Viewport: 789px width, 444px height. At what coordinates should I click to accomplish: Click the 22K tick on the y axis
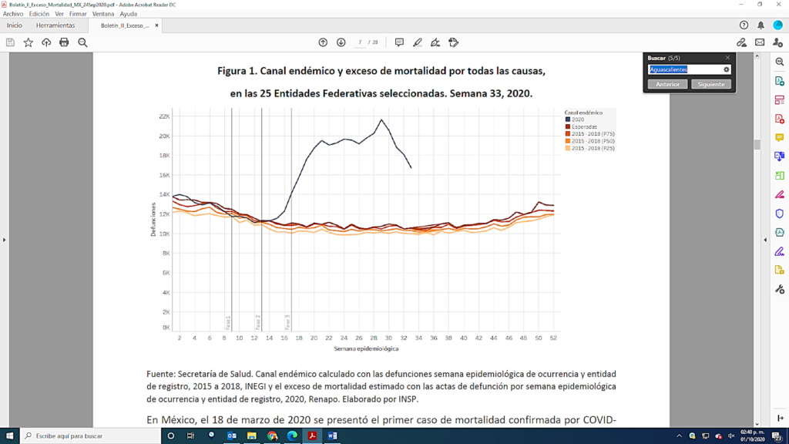pyautogui.click(x=163, y=116)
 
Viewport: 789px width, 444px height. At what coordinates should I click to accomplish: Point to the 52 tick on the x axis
pyautogui.click(x=552, y=338)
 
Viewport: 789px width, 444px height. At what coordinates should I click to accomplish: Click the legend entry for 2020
pyautogui.click(x=578, y=119)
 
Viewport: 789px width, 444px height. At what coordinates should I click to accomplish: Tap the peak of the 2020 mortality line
pyautogui.click(x=381, y=119)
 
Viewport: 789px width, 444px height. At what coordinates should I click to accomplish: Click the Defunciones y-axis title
pyautogui.click(x=154, y=220)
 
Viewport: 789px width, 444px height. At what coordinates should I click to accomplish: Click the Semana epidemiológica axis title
pyautogui.click(x=366, y=349)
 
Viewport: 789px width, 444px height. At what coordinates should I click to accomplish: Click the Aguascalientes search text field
pyautogui.click(x=684, y=69)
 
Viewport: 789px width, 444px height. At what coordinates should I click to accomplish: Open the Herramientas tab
pyautogui.click(x=55, y=25)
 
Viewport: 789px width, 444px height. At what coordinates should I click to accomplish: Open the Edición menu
pyautogui.click(x=39, y=14)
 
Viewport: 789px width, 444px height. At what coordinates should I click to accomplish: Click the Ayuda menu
pyautogui.click(x=128, y=14)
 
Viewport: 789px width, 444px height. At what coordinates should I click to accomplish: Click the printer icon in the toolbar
pyautogui.click(x=64, y=42)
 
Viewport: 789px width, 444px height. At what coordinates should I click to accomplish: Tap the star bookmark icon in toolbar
pyautogui.click(x=29, y=42)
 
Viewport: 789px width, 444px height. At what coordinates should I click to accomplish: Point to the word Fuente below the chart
pyautogui.click(x=161, y=374)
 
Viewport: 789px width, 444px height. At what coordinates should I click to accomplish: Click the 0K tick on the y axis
pyautogui.click(x=165, y=328)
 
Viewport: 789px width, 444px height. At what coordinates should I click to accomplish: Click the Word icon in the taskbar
pyautogui.click(x=332, y=436)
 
